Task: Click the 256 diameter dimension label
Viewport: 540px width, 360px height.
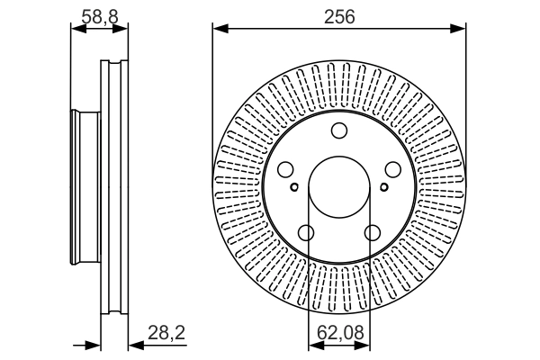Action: pos(339,16)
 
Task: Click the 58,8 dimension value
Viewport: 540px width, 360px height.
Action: pos(100,16)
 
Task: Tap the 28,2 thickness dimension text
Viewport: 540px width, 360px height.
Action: pos(166,333)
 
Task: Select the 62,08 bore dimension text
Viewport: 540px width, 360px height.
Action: pos(340,333)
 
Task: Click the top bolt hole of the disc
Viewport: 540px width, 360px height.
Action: pos(339,130)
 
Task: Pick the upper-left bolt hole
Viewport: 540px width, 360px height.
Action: pos(285,169)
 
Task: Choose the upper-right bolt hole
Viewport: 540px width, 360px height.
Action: pos(393,169)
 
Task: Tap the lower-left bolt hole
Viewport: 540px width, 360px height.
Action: pos(306,233)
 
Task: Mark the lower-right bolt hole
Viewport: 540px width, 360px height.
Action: pos(373,233)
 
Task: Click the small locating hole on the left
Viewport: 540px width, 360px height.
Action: pos(294,187)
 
